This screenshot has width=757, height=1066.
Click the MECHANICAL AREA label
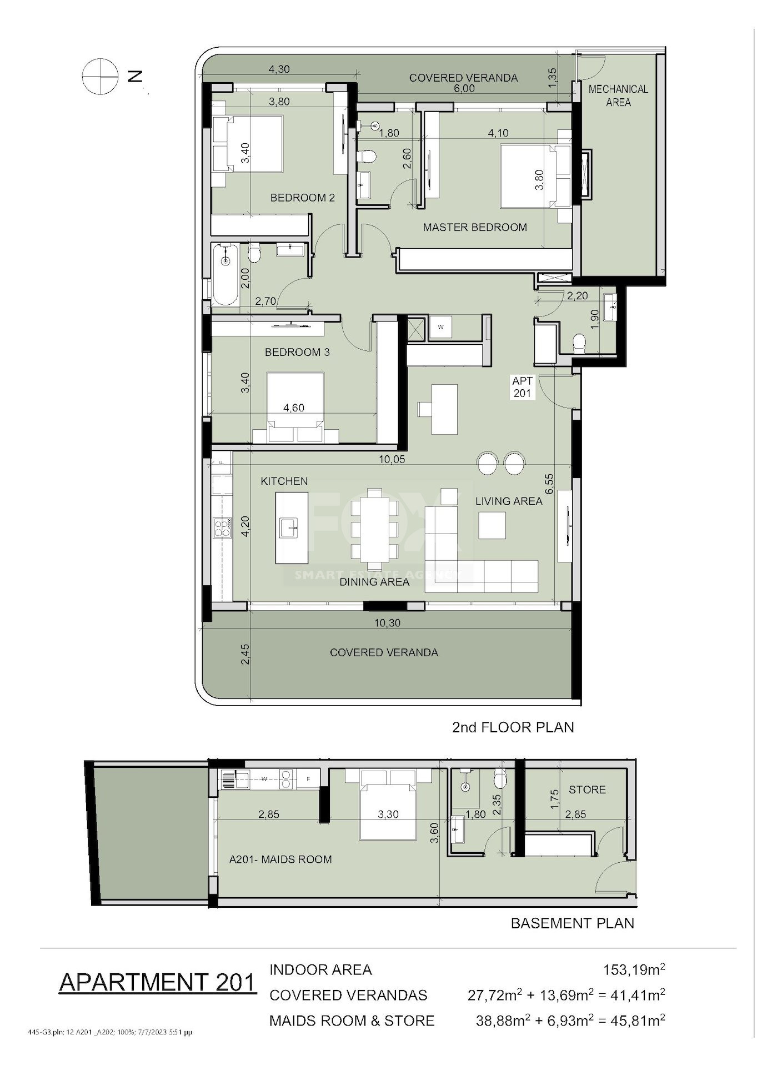(x=618, y=95)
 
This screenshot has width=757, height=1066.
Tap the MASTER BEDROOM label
(x=475, y=227)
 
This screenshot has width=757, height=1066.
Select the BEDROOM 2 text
(x=303, y=198)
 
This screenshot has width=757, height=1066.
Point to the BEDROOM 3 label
(x=297, y=352)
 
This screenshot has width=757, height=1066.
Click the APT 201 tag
(x=522, y=387)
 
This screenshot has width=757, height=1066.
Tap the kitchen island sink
(x=289, y=527)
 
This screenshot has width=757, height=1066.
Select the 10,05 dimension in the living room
(x=392, y=459)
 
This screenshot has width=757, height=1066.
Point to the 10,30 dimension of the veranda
(x=387, y=623)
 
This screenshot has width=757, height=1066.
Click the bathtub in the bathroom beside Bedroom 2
(x=225, y=275)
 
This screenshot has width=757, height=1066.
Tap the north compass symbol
(x=100, y=77)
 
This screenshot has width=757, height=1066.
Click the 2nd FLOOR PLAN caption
(x=513, y=727)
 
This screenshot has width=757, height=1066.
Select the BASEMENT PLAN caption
(x=572, y=923)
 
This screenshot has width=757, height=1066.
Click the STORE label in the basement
(x=587, y=790)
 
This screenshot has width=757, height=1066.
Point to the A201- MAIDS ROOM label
(x=280, y=859)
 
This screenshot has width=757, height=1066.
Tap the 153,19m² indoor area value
(x=634, y=970)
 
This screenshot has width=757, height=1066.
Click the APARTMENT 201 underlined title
(x=158, y=982)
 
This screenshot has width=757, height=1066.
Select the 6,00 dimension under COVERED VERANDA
(x=464, y=88)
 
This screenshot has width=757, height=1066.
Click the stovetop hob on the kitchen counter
(x=222, y=527)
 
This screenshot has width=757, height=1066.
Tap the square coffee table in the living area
(x=492, y=525)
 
